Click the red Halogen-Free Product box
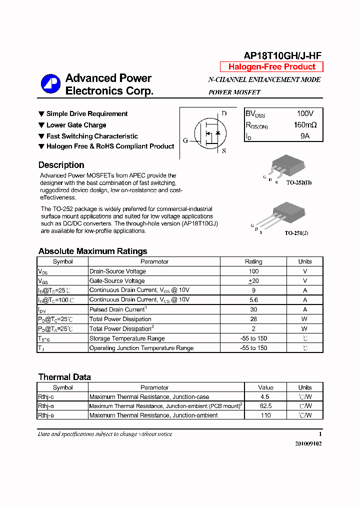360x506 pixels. click(271, 67)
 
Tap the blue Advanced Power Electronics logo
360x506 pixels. click(50, 84)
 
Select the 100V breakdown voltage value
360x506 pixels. click(305, 114)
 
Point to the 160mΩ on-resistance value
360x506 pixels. click(305, 125)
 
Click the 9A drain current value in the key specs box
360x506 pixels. click(305, 136)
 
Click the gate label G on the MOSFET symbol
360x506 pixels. click(185, 140)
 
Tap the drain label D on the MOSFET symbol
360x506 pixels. click(224, 113)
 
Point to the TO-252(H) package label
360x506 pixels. click(299, 183)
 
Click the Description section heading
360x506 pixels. click(61, 165)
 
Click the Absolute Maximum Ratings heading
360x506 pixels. click(92, 251)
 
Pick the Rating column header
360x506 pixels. click(253, 261)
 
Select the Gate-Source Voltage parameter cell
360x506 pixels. click(117, 281)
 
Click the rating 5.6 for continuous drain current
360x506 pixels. click(253, 300)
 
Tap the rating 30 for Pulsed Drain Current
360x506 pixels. click(253, 309)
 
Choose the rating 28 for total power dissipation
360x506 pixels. click(253, 319)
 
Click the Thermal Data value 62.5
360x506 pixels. click(265, 406)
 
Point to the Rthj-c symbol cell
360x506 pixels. click(46, 397)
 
